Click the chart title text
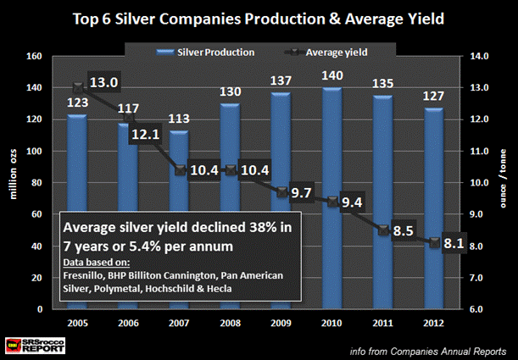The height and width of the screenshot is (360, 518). coord(259,19)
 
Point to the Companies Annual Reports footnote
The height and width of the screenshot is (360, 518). coord(433,347)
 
